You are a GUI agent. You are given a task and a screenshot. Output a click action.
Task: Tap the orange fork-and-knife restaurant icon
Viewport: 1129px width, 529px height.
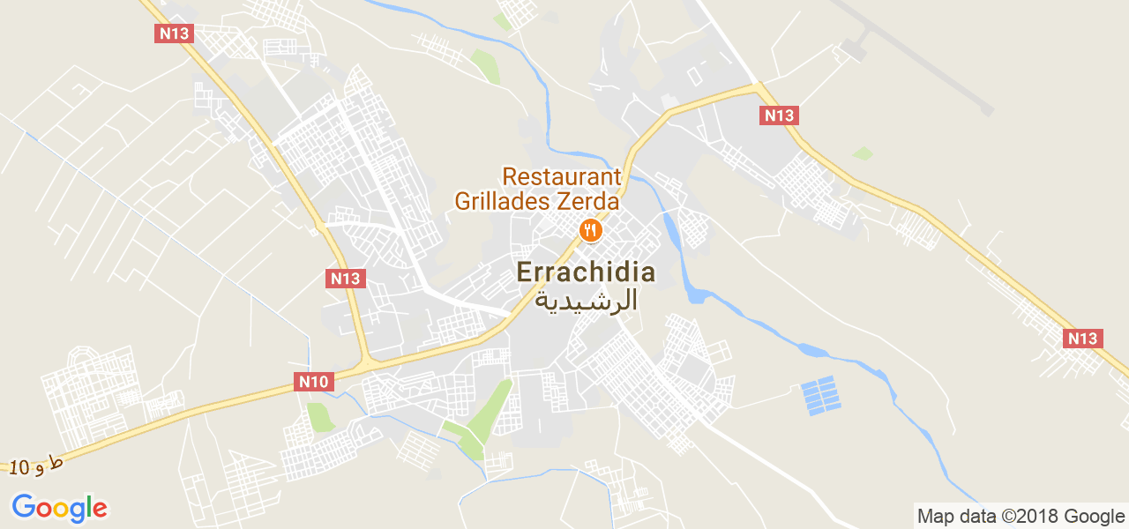pos(590,231)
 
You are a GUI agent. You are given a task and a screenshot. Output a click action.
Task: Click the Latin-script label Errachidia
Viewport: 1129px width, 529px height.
pos(586,272)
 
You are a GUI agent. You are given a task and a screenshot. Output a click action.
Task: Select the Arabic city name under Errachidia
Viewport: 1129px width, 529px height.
pos(587,301)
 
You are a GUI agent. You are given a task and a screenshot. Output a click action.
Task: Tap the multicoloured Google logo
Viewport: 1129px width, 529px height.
pos(59,508)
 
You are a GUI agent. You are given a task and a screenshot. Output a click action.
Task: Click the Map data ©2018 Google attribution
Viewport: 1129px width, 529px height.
pos(1021,516)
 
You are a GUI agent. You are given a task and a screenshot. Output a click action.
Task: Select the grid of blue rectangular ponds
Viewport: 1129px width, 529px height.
pos(820,396)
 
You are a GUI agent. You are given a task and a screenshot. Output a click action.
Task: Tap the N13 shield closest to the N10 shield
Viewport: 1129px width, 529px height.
pos(345,279)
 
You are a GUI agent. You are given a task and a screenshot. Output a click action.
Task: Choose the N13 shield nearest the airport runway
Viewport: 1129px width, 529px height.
pos(779,115)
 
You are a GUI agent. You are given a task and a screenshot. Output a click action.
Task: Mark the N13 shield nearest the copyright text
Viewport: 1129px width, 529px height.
pos(1082,339)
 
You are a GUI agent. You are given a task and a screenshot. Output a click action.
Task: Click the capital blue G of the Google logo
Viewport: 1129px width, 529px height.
pos(23,507)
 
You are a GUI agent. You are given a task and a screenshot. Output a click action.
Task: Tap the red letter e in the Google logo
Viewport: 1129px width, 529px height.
pos(99,510)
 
